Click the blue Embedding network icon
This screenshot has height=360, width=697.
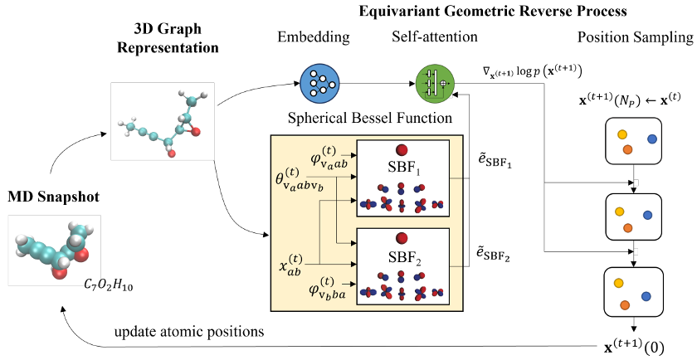click(x=319, y=83)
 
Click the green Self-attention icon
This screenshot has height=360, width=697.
click(x=435, y=83)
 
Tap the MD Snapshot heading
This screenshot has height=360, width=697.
click(x=54, y=197)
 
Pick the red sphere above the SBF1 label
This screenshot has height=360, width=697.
click(x=402, y=150)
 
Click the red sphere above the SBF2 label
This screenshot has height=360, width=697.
click(x=402, y=239)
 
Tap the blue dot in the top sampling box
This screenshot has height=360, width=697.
click(x=652, y=139)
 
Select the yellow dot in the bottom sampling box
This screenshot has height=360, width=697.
click(x=618, y=284)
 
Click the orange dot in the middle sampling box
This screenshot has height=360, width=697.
click(x=627, y=228)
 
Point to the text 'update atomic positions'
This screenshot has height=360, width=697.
click(x=189, y=332)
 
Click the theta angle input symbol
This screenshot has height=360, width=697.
click(x=300, y=181)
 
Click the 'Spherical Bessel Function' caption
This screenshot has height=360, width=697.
click(x=370, y=118)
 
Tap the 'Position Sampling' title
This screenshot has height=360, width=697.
click(x=636, y=38)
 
